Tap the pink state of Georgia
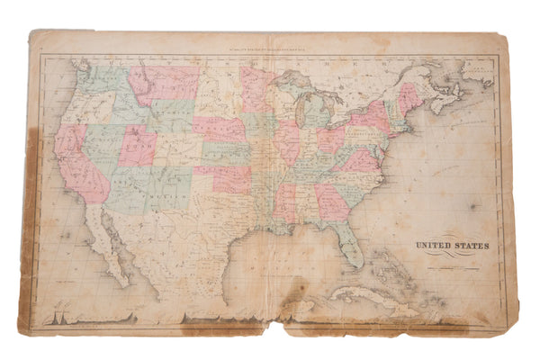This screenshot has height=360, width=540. [x=330, y=202]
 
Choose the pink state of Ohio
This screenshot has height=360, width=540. [x=329, y=139]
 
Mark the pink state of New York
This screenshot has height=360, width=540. [x=370, y=117]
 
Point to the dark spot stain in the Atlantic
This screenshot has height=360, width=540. [x=473, y=206]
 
